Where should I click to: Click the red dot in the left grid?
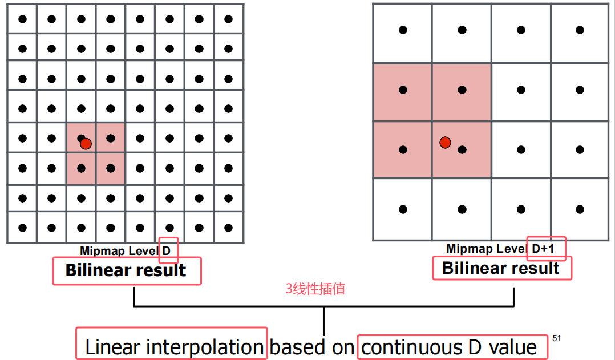pos(86,144)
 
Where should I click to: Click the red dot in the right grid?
pos(445,142)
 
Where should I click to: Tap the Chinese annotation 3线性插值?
pos(315,289)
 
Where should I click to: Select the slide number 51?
pos(557,338)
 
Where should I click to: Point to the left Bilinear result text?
pos(126,270)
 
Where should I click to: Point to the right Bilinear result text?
pos(501,268)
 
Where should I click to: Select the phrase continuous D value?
pos(450,347)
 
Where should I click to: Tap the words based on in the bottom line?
pos(311,347)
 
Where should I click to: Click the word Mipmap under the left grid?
pos(98,251)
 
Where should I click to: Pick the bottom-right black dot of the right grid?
pos(580,209)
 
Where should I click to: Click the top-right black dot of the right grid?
pos(580,30)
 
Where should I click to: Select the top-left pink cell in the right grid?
pos(403,92)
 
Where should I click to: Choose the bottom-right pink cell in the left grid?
pos(111,169)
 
